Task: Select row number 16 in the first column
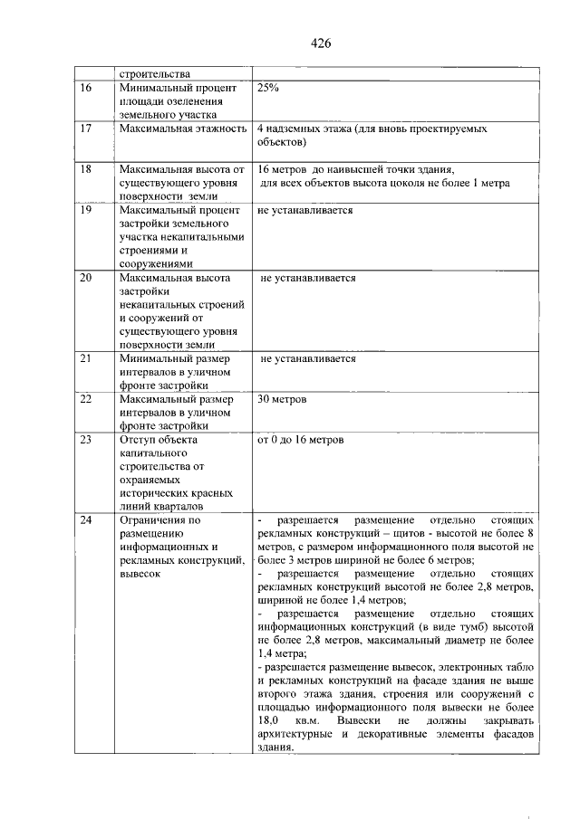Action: point(87,89)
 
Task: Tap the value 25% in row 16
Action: point(268,89)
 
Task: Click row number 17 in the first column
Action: point(87,129)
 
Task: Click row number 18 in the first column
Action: point(87,170)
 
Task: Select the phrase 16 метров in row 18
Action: point(284,170)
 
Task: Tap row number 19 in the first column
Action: point(87,210)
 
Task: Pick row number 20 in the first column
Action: point(87,278)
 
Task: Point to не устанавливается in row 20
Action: point(308,278)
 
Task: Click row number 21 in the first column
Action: point(87,358)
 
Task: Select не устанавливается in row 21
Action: point(308,358)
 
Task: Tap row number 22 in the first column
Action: point(87,399)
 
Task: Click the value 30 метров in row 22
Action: point(283,399)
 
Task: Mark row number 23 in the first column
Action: point(87,440)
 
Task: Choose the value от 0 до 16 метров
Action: point(301,440)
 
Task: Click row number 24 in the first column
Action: point(87,520)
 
